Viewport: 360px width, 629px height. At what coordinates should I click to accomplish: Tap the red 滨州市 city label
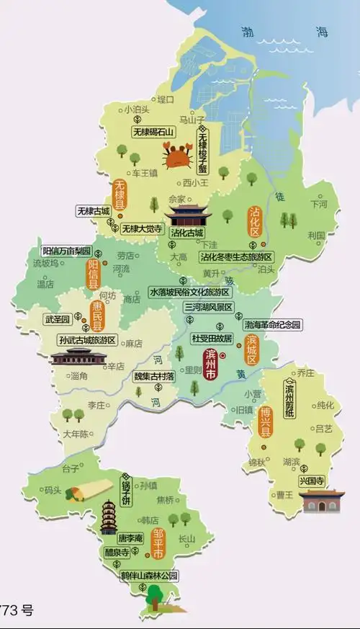212,365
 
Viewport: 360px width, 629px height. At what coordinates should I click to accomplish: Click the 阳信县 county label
93,275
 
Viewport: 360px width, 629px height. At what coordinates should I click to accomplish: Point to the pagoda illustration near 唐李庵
109,517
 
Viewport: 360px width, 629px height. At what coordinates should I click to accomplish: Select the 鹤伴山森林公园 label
148,576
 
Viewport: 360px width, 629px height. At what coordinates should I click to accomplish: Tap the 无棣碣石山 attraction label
155,132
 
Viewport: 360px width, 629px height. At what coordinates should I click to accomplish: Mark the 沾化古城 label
187,233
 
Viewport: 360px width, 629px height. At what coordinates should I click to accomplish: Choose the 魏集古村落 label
155,376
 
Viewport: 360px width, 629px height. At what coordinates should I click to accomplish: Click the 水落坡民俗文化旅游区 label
189,293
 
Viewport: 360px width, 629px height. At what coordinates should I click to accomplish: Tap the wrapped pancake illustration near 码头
81,493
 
